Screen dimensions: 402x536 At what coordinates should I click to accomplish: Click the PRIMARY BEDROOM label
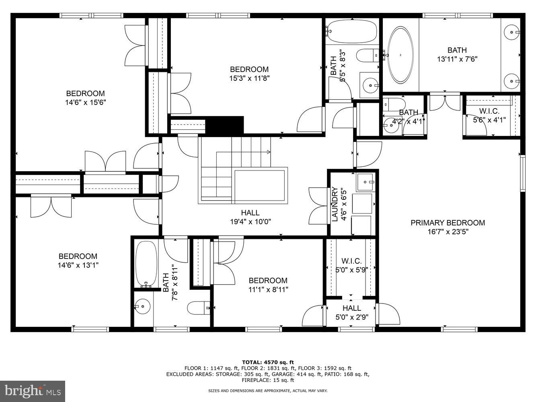(448, 223)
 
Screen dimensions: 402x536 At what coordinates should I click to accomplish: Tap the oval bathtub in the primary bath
(400, 55)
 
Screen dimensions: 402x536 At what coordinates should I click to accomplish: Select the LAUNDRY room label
(334, 205)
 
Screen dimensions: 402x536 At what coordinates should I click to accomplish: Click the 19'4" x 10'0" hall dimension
(250, 222)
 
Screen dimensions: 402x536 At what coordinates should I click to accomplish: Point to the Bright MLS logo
(33, 391)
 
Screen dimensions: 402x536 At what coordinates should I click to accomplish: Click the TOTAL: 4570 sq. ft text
(268, 362)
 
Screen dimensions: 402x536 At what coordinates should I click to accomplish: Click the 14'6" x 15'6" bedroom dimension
(85, 103)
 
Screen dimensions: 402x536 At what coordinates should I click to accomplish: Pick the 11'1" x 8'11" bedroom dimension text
(268, 289)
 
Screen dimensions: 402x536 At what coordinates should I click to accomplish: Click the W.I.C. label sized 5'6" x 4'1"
(489, 111)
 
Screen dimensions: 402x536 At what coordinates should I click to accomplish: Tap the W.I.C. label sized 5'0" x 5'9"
(351, 261)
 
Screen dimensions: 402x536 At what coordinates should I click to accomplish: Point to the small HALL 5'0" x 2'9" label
(351, 308)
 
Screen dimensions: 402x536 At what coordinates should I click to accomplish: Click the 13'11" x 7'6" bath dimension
(457, 59)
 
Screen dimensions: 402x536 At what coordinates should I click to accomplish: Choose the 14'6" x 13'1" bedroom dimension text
(78, 265)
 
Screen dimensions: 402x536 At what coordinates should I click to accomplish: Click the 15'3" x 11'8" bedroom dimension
(249, 78)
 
